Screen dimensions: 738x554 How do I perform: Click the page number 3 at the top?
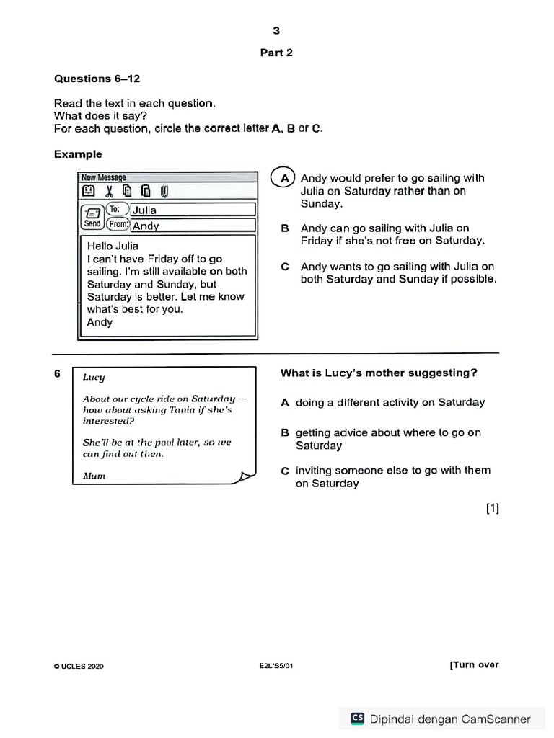(276, 30)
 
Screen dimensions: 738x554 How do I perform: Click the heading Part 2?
(276, 53)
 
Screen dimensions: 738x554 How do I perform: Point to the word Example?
(78, 154)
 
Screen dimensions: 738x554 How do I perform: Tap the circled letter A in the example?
(285, 178)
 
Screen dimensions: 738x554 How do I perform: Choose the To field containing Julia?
(193, 210)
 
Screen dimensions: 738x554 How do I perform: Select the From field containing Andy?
(193, 225)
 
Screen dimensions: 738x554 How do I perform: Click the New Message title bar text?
(104, 177)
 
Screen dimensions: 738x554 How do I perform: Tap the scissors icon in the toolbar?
(109, 192)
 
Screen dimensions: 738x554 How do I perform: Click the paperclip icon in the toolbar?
(164, 192)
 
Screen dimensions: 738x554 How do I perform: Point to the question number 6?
(57, 373)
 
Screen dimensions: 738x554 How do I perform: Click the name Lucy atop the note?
(94, 377)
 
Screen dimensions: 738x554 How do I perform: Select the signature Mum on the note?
(94, 476)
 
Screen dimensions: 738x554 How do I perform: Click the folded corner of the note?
(247, 476)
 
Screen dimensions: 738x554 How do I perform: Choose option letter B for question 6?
(285, 433)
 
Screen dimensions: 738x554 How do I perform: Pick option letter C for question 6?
(285, 471)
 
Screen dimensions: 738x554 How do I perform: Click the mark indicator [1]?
(492, 509)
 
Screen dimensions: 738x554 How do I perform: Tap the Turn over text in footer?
(474, 665)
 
